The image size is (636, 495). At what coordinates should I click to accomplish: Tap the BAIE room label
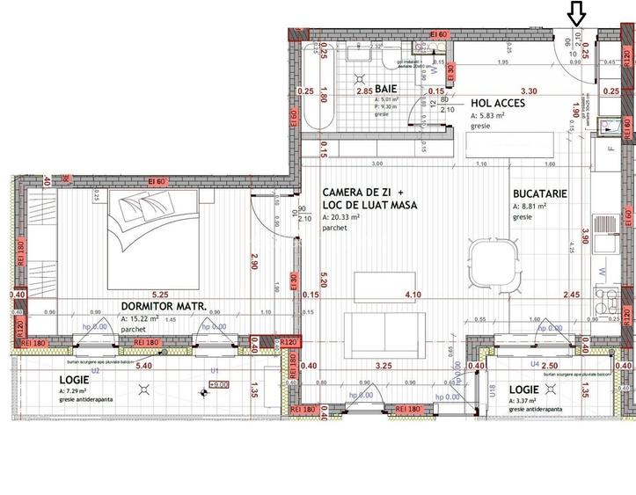click(x=386, y=90)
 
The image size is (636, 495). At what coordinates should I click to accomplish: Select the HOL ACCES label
click(x=498, y=103)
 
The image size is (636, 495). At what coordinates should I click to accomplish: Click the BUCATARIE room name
click(x=541, y=193)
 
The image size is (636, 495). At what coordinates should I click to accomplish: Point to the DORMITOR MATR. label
click(x=164, y=307)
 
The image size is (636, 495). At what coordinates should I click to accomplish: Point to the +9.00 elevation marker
click(x=219, y=384)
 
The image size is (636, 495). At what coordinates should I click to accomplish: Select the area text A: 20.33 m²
click(x=347, y=216)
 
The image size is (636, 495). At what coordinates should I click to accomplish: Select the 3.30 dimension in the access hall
click(x=529, y=91)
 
